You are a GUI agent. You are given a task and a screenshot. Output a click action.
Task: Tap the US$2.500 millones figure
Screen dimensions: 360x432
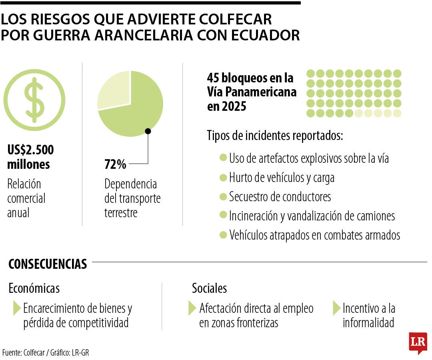pos(30,157)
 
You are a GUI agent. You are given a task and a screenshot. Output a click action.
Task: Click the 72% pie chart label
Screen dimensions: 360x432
pos(115,164)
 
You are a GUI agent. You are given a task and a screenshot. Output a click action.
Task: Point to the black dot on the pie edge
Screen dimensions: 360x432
pos(148,131)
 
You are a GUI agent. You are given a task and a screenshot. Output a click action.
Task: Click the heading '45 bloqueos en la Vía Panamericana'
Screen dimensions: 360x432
pos(252,92)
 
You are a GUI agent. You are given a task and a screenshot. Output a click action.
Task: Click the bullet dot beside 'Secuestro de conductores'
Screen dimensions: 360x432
pos(223,197)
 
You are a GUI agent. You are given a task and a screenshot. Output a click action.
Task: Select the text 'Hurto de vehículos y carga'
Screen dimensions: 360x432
pos(282,177)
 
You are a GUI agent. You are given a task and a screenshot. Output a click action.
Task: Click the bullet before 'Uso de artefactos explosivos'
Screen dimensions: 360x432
pos(223,158)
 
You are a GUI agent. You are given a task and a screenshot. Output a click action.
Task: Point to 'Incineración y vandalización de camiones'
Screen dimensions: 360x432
pos(312,216)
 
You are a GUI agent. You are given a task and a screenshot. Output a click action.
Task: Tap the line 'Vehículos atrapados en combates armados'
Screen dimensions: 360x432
pos(314,235)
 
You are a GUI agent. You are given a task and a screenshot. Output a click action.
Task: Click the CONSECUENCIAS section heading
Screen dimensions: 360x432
pos(48,264)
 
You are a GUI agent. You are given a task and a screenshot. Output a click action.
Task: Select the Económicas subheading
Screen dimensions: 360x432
pos(34,288)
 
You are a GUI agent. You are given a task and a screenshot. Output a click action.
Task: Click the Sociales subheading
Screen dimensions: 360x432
pos(209,288)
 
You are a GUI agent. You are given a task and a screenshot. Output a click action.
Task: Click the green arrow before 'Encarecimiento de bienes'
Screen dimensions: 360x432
pos(17,308)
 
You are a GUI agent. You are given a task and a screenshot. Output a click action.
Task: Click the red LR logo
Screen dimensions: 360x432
pos(418,342)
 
